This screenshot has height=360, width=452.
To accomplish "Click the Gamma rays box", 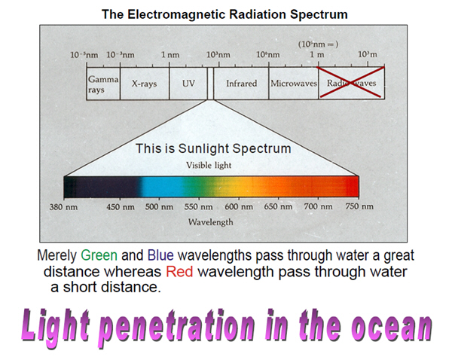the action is tap(103, 84).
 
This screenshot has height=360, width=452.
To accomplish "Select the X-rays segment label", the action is tap(144, 84).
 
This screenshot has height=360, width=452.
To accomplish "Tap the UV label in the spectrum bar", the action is tap(188, 84).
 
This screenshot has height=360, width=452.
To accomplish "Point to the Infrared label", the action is tap(241, 84).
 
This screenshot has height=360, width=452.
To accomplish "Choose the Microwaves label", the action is tap(294, 84).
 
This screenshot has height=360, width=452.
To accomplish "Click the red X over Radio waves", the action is tap(351, 82).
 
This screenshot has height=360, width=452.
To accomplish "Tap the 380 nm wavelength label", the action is tap(63, 206).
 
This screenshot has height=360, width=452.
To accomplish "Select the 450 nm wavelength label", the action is tap(121, 206).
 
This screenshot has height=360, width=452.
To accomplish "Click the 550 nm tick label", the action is tap(199, 206).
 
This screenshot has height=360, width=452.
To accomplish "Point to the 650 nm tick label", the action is tap(278, 206).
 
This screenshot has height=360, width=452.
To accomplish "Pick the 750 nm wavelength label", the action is tap(359, 206).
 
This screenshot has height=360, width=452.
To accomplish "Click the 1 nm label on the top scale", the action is tap(170, 54).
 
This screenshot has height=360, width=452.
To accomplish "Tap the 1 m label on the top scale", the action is tap(317, 54).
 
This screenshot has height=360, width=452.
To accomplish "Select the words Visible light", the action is tap(209, 165).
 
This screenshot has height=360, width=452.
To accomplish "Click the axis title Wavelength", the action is tap(211, 222).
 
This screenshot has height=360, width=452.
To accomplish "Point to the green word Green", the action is tap(99, 255).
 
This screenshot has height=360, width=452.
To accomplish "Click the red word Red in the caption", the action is tap(179, 272).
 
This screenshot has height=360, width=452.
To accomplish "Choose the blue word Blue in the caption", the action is tap(160, 255).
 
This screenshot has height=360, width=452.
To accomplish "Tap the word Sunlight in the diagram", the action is tap(203, 148).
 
